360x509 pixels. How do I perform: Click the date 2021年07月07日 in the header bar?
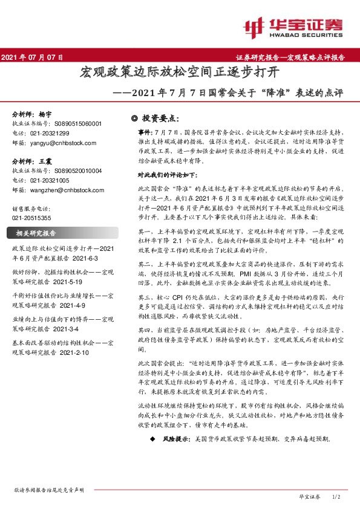point(33,57)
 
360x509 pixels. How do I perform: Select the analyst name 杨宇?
point(45,114)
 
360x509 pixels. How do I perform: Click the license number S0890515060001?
point(73,123)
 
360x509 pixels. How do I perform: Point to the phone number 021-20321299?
point(48,133)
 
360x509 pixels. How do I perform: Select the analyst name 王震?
point(45,161)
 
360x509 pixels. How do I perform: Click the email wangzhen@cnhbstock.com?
point(66,190)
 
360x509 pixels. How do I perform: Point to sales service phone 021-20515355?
point(33,218)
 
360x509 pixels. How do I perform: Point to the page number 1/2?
point(337,496)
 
